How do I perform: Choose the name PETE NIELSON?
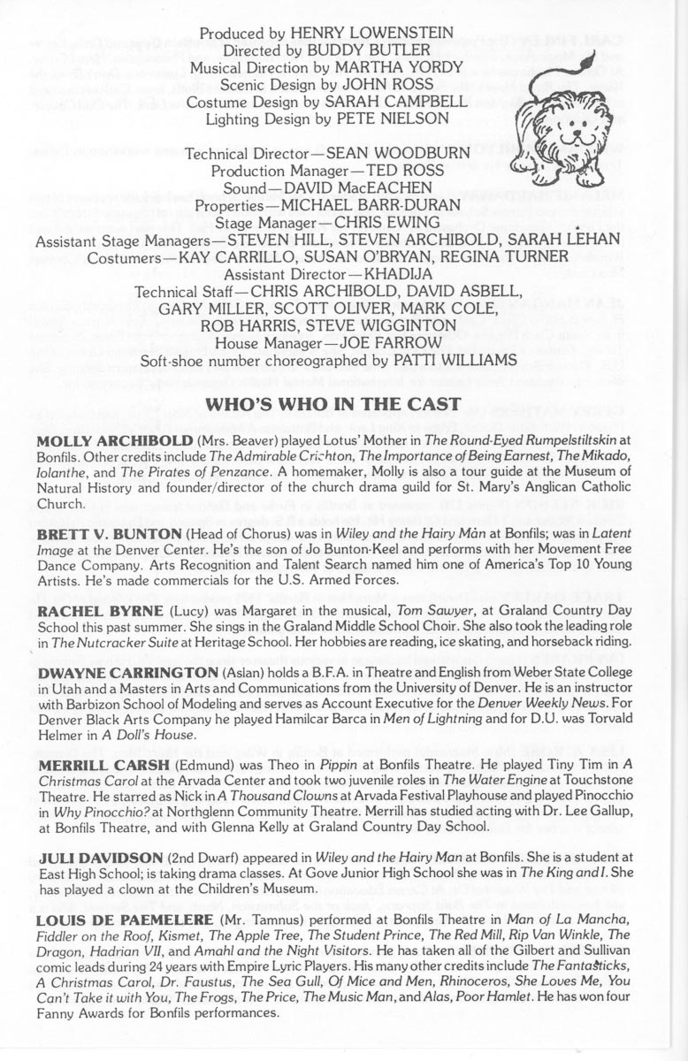405,118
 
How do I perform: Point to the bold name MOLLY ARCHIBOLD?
107,440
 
